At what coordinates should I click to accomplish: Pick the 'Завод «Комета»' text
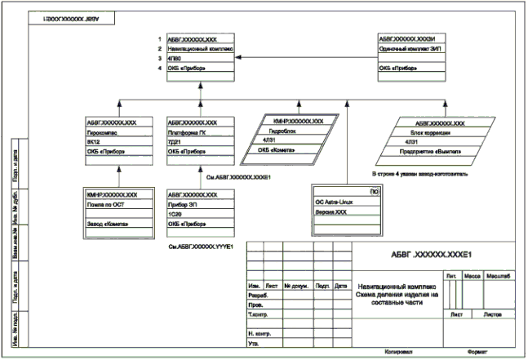[107, 222]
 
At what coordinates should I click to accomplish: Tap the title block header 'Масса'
[473, 278]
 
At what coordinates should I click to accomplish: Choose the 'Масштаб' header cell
[499, 278]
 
